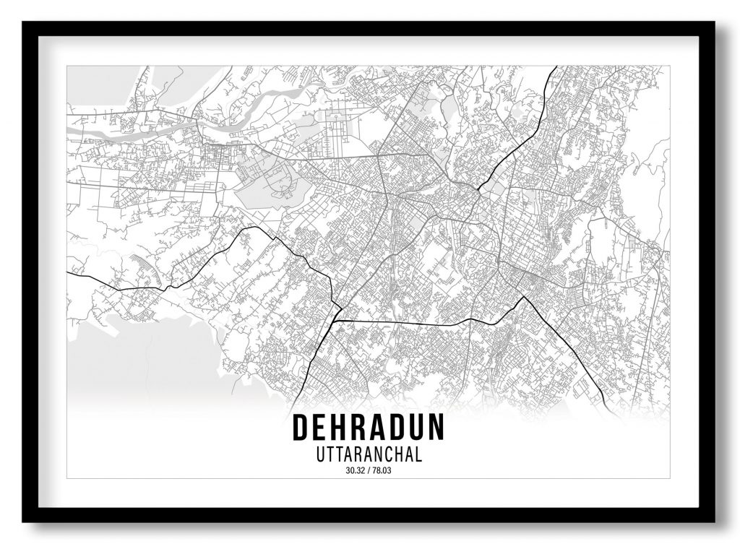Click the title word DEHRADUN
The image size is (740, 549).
point(368,428)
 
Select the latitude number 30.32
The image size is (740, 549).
point(356,472)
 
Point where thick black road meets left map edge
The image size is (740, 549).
point(68,272)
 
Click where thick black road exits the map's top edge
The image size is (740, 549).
point(556,67)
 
